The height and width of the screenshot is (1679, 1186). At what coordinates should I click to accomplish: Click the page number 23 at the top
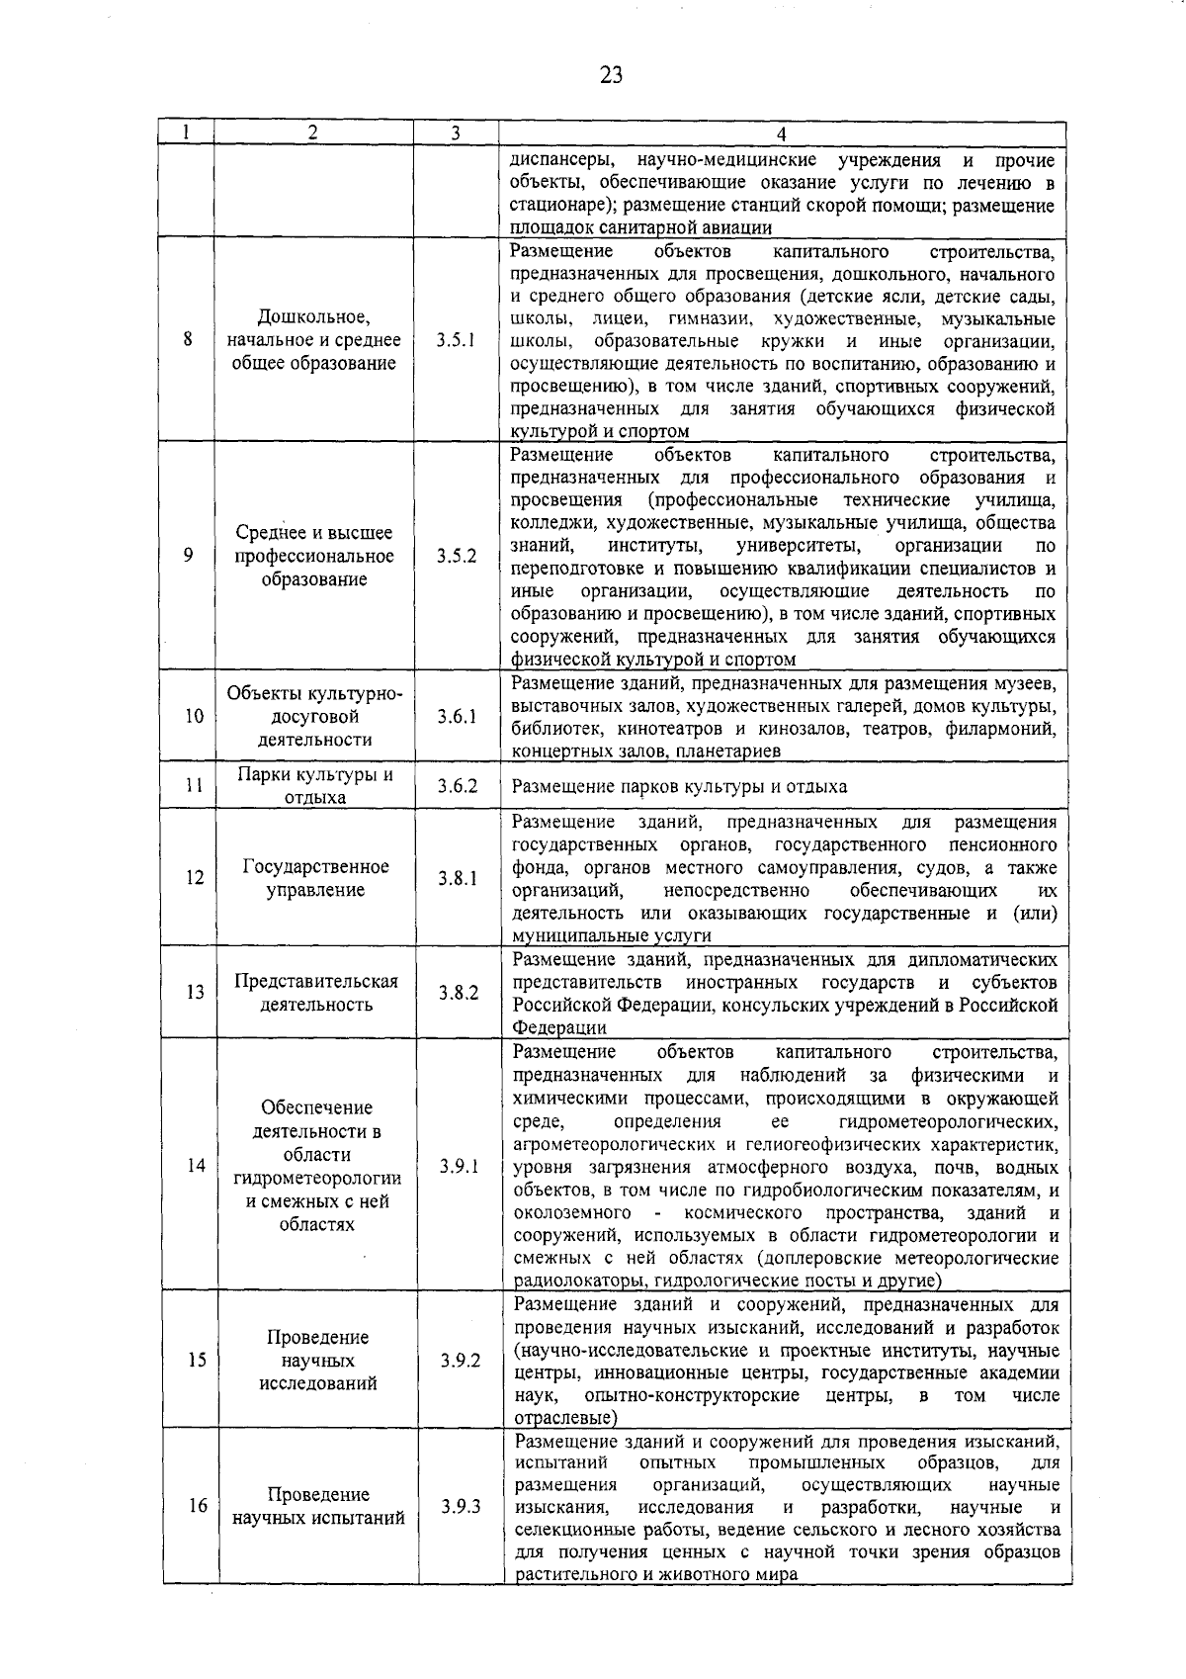(610, 75)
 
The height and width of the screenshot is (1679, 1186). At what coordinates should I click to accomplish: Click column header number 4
(781, 134)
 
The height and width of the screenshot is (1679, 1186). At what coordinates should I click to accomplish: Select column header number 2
(312, 133)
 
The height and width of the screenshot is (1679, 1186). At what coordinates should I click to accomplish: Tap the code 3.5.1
(456, 340)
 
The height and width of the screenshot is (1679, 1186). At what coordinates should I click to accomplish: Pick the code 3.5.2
(457, 556)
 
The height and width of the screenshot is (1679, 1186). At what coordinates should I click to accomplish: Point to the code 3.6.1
(457, 716)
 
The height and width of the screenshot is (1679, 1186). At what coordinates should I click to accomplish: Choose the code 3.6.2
(458, 787)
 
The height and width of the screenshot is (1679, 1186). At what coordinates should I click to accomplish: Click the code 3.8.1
(458, 878)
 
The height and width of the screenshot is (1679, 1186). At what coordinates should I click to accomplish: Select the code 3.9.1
(460, 1166)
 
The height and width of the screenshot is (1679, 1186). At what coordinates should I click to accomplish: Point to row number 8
(187, 340)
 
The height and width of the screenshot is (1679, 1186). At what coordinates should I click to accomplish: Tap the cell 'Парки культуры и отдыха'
(315, 786)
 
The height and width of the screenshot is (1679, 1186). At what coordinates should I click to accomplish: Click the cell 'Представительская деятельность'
(316, 993)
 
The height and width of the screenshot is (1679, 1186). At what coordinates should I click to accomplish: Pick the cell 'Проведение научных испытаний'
(318, 1507)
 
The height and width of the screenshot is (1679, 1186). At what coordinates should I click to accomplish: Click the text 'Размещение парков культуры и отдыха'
(680, 788)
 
